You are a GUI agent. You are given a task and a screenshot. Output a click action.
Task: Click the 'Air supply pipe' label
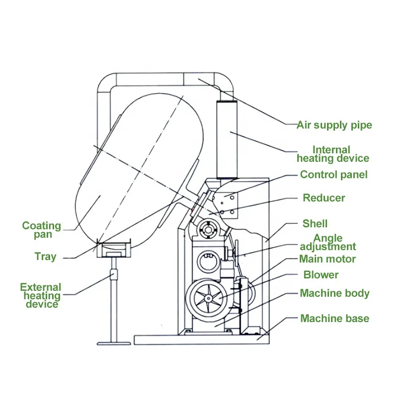click(x=334, y=125)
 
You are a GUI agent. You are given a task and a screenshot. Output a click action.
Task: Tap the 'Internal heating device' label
click(x=332, y=154)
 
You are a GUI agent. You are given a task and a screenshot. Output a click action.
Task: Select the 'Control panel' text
click(x=333, y=175)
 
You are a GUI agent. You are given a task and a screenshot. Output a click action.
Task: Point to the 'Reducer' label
click(x=324, y=198)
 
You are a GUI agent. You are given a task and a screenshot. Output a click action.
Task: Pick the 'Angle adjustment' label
click(x=328, y=242)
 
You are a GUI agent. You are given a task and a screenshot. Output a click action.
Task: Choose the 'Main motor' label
click(x=327, y=259)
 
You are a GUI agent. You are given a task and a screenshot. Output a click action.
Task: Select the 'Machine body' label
click(x=334, y=293)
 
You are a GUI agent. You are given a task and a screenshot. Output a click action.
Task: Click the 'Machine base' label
click(x=334, y=318)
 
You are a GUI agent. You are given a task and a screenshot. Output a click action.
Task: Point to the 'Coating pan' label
click(x=41, y=230)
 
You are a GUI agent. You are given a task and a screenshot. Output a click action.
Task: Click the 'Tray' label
click(x=45, y=257)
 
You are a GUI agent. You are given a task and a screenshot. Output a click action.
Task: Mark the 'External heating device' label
click(x=41, y=295)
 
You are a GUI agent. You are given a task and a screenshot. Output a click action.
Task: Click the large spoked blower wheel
click(x=208, y=298)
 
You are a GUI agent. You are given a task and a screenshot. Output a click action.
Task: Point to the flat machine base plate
click(x=198, y=340)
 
